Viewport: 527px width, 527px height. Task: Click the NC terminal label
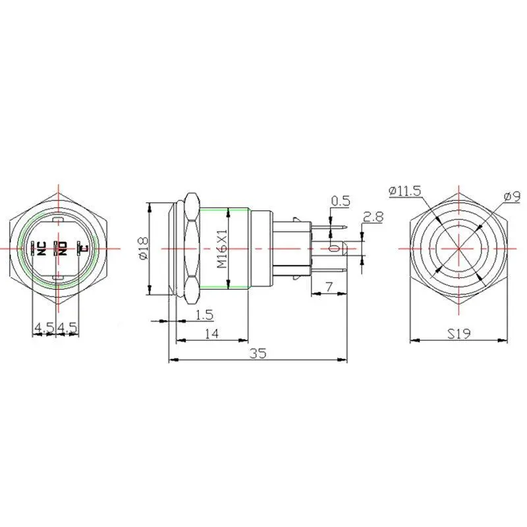(x=42, y=248)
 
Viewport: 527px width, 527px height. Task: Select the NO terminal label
(x=63, y=248)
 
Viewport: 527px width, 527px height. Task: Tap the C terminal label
(x=84, y=248)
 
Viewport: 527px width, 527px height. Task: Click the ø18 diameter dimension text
(x=143, y=248)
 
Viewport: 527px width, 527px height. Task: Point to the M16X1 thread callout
(x=223, y=248)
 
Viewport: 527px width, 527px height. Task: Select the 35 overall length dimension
(x=258, y=353)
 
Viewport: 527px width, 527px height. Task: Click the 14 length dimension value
(x=211, y=334)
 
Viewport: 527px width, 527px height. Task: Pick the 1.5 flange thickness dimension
(x=204, y=315)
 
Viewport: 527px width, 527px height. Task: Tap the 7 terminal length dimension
(x=329, y=287)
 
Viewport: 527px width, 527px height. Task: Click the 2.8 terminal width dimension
(x=373, y=217)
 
